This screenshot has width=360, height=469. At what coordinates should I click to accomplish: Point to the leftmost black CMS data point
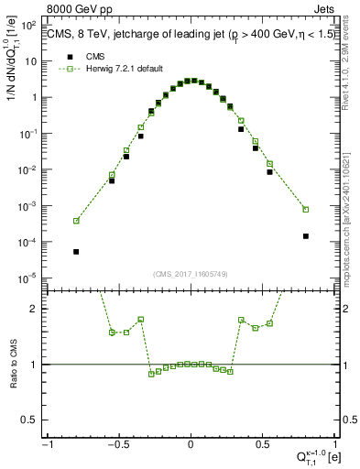(x=76, y=251)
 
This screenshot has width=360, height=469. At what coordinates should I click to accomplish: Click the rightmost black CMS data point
(x=305, y=235)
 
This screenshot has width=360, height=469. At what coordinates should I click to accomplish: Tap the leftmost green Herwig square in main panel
(x=76, y=221)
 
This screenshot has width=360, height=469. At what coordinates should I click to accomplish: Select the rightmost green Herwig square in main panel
(x=305, y=209)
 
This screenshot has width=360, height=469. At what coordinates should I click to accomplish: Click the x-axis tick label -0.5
(x=117, y=444)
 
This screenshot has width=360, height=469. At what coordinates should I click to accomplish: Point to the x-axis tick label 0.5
(x=263, y=444)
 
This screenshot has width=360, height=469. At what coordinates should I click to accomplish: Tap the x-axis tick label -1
(x=45, y=444)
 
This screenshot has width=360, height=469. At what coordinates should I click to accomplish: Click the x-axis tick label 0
(x=191, y=444)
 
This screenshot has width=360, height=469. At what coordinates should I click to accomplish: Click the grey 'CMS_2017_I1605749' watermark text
(x=190, y=274)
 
